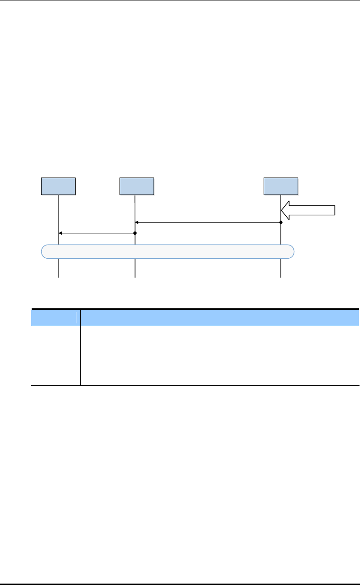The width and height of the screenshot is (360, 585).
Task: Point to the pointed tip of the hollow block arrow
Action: (282, 210)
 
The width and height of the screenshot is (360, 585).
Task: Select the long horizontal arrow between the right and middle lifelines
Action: (208, 222)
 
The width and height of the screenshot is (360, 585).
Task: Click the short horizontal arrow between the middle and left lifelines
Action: (97, 233)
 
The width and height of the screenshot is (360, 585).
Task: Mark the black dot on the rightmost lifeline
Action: (281, 222)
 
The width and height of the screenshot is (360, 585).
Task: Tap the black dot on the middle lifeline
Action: (135, 233)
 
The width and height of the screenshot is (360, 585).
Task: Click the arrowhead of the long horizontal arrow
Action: (137, 222)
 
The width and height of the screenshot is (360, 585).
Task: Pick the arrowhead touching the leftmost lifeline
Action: (60, 233)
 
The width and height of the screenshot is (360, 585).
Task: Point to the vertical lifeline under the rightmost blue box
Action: (281, 267)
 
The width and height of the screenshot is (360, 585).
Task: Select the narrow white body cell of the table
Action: (55, 356)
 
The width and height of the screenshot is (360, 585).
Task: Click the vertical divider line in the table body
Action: (80, 356)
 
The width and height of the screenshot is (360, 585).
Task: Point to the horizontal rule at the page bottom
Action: (180, 584)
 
